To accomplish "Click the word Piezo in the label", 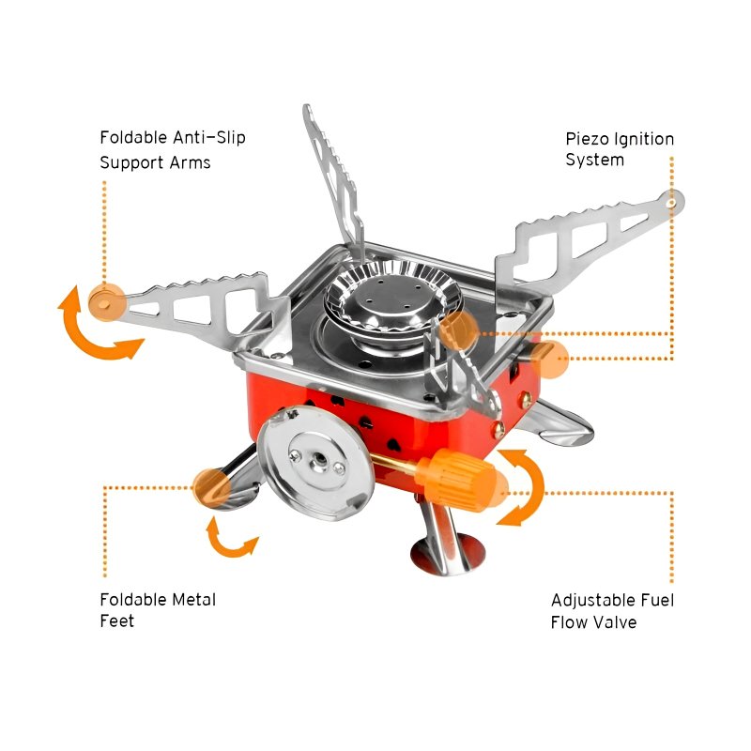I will pyautogui.click(x=586, y=139).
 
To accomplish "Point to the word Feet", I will pyautogui.click(x=117, y=621).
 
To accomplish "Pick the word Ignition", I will pyautogui.click(x=643, y=139).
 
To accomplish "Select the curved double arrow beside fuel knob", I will pyautogui.click(x=521, y=485).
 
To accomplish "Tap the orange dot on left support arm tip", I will pyautogui.click(x=105, y=300).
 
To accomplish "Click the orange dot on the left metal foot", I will pyautogui.click(x=210, y=486).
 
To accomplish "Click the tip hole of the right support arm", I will pyautogui.click(x=669, y=200).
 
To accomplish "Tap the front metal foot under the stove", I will pyautogui.click(x=441, y=544).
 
